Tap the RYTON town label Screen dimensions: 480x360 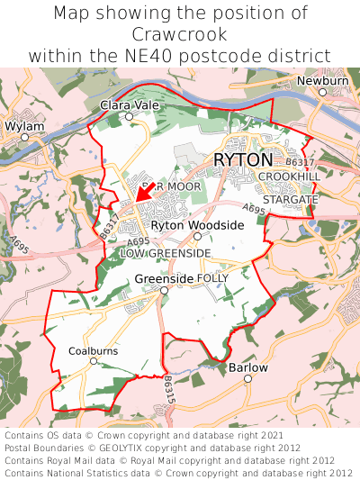[x=243, y=159]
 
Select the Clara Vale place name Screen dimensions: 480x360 [x=129, y=105]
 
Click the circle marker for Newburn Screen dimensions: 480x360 [x=322, y=92]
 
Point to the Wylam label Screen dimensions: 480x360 [x=23, y=126]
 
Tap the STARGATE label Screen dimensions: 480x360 [x=290, y=199]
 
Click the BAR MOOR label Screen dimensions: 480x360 [x=171, y=186]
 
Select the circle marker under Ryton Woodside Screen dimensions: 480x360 [x=197, y=236]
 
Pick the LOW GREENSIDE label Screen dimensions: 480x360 [x=165, y=254]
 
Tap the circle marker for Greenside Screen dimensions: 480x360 [x=163, y=291]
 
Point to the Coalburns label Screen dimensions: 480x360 [x=94, y=350]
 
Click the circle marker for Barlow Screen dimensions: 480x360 [x=247, y=379]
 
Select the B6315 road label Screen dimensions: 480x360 [x=168, y=389]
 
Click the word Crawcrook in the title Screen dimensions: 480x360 [x=180, y=33]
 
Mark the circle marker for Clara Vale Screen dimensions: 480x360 [x=129, y=116]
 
